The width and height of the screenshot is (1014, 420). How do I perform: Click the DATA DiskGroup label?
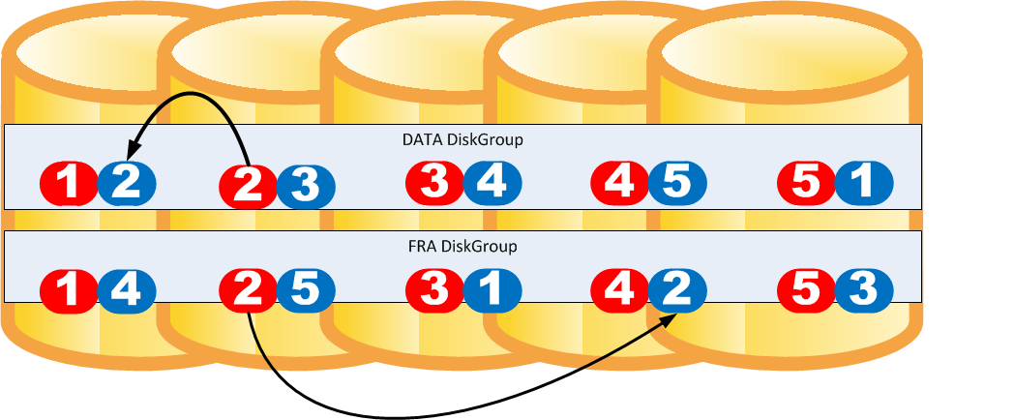[x=462, y=139]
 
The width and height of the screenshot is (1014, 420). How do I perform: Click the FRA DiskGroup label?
[x=463, y=246]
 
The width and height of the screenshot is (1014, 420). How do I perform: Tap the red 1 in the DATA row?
[x=69, y=182]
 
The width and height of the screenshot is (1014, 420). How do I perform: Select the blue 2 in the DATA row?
[x=127, y=182]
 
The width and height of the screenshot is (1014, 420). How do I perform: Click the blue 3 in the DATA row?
[x=306, y=185]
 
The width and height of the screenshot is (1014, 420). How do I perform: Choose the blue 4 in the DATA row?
[x=492, y=182]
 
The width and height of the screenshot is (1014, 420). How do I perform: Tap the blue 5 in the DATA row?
[x=677, y=182]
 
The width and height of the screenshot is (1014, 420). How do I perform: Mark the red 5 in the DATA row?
[x=806, y=182]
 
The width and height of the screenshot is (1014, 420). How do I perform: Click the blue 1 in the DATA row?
[x=864, y=182]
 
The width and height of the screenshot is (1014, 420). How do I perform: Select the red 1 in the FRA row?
[x=69, y=288]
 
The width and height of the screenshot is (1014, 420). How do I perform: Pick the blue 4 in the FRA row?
[x=127, y=288]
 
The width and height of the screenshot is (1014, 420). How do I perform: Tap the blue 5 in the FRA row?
[x=306, y=288]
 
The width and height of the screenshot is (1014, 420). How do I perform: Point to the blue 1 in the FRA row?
[x=492, y=288]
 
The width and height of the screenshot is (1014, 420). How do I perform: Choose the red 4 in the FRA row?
[x=619, y=288]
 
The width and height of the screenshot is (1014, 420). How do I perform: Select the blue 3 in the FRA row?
[x=864, y=288]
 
